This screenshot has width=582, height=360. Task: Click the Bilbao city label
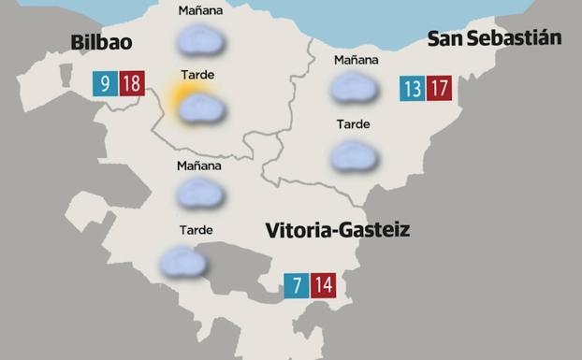[x=101, y=42]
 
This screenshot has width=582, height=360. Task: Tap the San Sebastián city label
[x=494, y=38]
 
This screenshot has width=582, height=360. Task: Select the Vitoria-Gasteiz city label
[x=337, y=230]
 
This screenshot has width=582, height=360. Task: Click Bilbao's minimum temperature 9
[x=105, y=84]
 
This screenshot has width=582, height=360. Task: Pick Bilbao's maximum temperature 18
[x=131, y=84]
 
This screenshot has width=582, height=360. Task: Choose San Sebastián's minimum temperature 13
[x=412, y=89]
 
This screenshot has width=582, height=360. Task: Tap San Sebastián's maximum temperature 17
[x=439, y=89]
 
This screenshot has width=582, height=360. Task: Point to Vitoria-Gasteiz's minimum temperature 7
[x=297, y=285]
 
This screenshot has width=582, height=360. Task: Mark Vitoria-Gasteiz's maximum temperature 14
[x=323, y=285]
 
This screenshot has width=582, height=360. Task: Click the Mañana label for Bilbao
[x=200, y=11]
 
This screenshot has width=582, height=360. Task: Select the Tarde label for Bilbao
[x=198, y=75]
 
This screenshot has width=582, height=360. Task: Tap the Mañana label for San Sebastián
[x=356, y=61]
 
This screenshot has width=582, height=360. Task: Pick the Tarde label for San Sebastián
[x=353, y=124]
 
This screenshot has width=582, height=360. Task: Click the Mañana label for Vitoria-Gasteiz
[x=198, y=166]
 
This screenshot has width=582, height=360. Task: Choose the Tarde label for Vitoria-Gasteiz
[x=196, y=230]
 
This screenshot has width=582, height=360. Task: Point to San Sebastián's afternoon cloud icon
[x=354, y=155]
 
